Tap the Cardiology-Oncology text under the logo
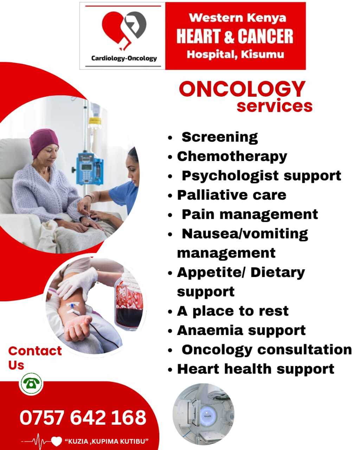point(124,58)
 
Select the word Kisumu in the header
point(263,54)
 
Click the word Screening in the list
point(220,137)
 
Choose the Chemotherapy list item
point(232,157)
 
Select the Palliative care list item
point(232,195)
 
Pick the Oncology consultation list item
point(267,350)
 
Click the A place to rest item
point(233,311)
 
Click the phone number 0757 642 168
point(83,417)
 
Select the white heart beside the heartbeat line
point(57,441)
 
